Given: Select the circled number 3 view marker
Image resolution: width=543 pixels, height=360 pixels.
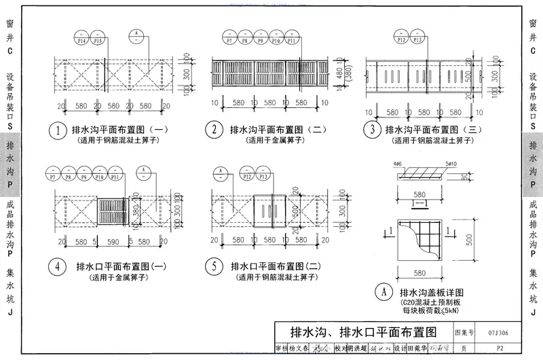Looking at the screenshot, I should pyautogui.click(x=371, y=129).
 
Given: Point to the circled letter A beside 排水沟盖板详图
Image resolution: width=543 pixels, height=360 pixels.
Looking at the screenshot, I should pyautogui.click(x=385, y=293).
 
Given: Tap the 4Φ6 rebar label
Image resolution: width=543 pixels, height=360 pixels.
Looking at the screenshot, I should pyautogui.click(x=398, y=164).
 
